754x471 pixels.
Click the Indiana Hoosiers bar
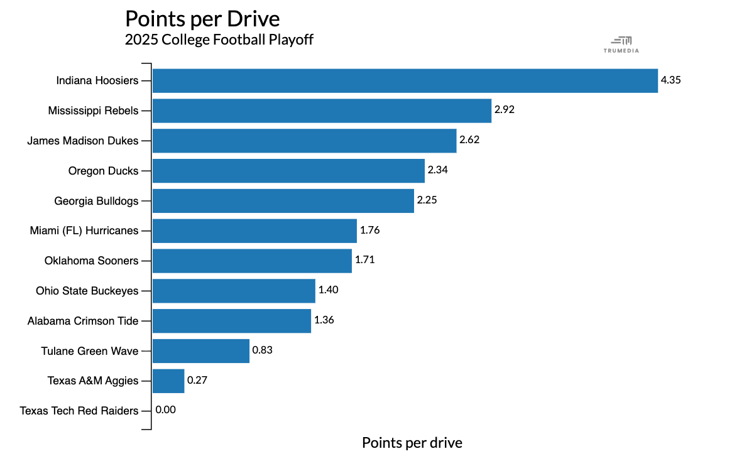(x=405, y=81)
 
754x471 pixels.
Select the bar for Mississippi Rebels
(x=322, y=111)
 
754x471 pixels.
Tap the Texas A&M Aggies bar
(x=168, y=381)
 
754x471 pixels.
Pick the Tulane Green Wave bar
(x=201, y=351)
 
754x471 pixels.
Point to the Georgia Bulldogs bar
(x=283, y=201)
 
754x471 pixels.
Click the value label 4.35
(x=670, y=80)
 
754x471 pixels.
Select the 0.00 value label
(x=166, y=409)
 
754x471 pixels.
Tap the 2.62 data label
(x=469, y=139)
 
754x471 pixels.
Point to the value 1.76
(x=369, y=230)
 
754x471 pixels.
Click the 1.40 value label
(x=328, y=290)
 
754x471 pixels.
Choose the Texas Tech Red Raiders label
(x=79, y=411)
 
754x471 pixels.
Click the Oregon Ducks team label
(x=103, y=171)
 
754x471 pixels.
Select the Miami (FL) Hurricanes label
(x=84, y=231)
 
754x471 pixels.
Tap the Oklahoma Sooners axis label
(x=92, y=261)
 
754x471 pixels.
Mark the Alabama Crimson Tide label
(x=83, y=321)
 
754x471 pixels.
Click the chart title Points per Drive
(x=202, y=19)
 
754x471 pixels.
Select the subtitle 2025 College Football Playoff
(x=219, y=40)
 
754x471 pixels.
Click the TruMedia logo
(x=621, y=45)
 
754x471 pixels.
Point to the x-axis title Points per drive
(x=412, y=443)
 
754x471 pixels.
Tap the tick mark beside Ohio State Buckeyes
(x=146, y=291)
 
